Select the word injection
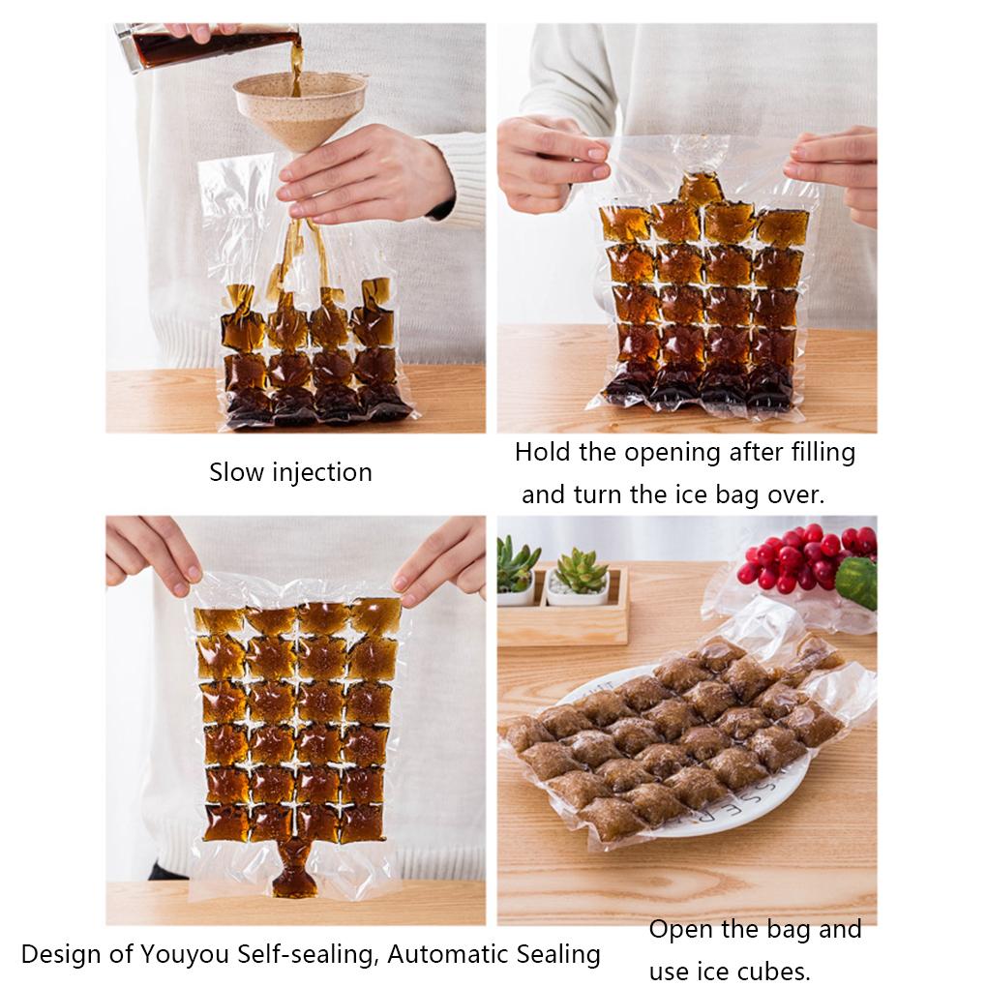click(x=321, y=473)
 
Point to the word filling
click(x=821, y=452)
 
